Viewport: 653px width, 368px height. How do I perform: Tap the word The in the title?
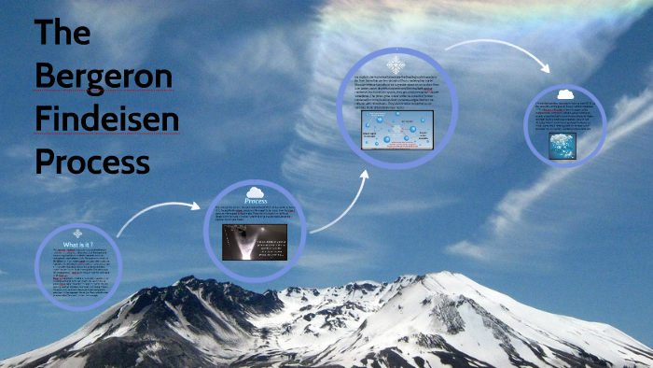(63, 35)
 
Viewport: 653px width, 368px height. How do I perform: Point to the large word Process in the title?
(91, 161)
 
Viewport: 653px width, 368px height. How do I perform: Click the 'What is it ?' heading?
(77, 245)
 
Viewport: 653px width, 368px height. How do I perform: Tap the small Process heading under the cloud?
(256, 201)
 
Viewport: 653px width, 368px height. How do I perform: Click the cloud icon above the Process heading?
(256, 191)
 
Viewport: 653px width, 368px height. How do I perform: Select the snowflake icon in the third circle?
(396, 65)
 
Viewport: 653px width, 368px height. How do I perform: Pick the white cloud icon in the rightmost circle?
(565, 94)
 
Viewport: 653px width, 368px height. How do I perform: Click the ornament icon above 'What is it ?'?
(77, 234)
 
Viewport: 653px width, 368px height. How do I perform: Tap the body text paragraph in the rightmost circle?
(565, 116)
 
